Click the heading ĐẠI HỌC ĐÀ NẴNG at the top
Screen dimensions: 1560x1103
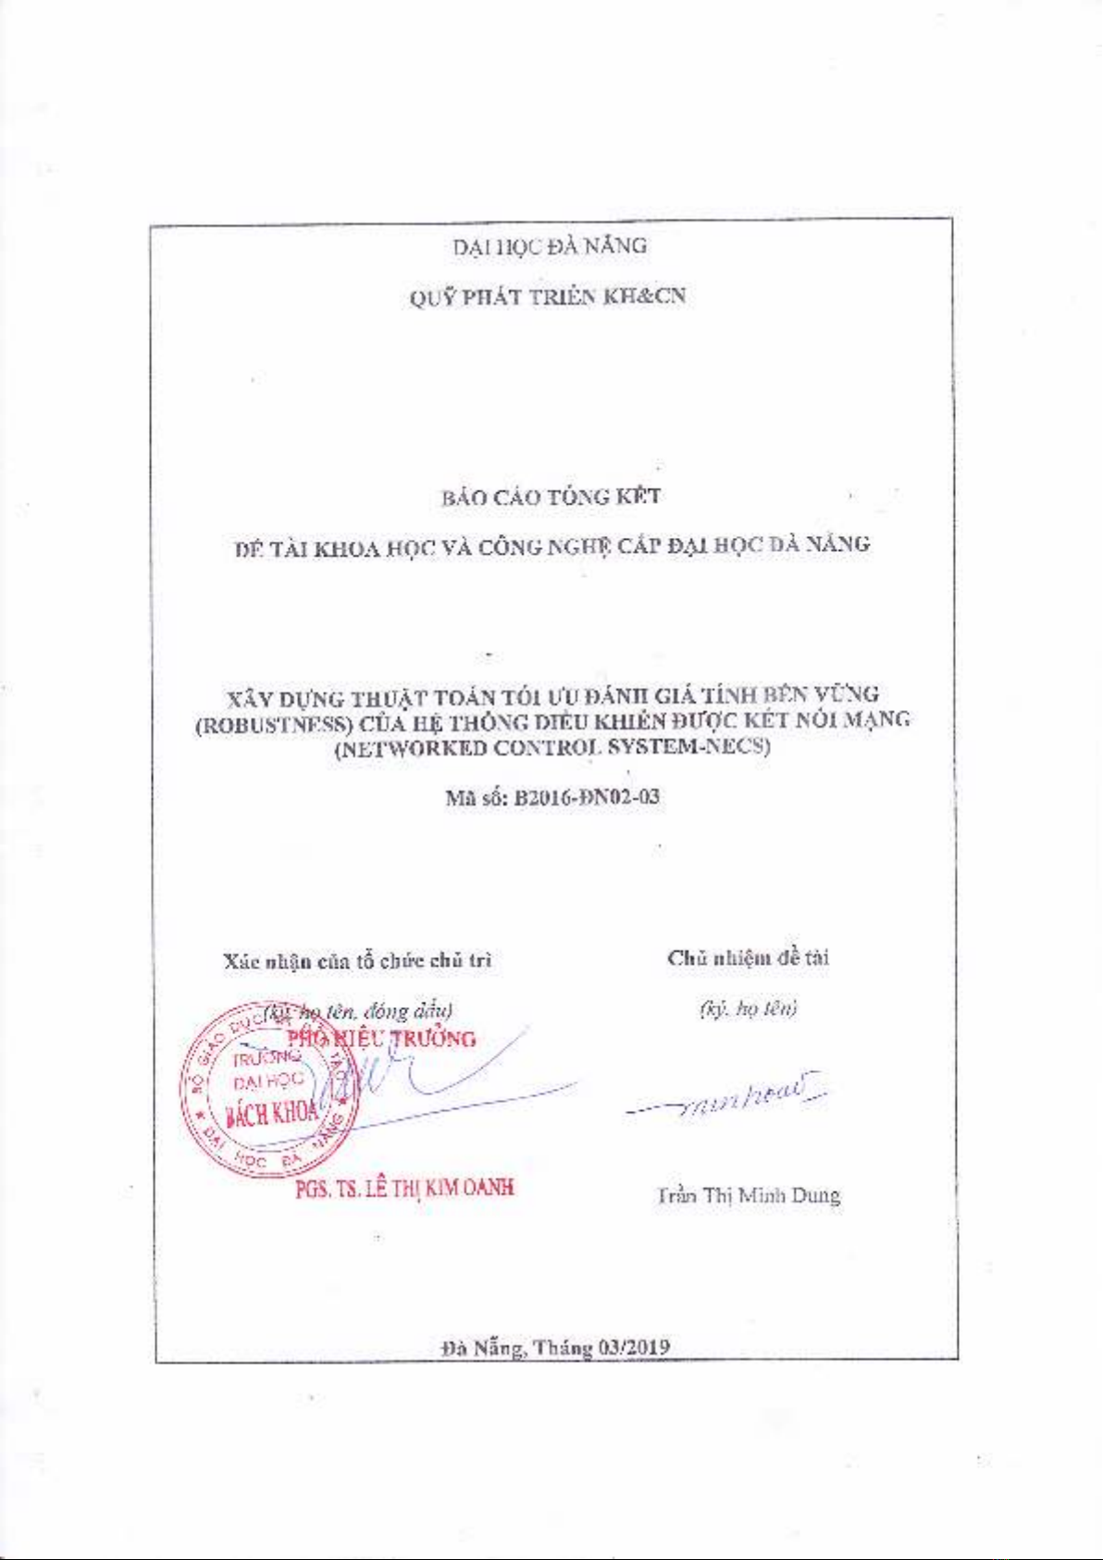(x=550, y=246)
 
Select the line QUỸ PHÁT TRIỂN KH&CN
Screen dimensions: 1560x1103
(x=548, y=297)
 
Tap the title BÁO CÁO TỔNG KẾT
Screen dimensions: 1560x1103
(x=551, y=497)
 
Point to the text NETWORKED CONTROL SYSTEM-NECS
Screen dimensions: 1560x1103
(x=552, y=748)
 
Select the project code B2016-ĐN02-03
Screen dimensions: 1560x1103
(x=587, y=797)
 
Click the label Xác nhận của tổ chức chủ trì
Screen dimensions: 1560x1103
(x=357, y=961)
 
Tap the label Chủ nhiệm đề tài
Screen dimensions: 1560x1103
(x=748, y=958)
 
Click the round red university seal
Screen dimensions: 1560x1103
(x=266, y=1090)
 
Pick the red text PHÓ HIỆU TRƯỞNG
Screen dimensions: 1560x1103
(x=382, y=1039)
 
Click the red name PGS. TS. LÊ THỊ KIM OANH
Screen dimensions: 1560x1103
(x=404, y=1188)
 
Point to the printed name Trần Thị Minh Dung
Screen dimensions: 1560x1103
(x=749, y=1195)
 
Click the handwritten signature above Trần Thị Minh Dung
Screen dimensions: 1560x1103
(x=731, y=1096)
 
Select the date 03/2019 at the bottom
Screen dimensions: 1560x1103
(x=635, y=1347)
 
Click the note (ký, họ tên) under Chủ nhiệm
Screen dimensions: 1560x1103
(x=748, y=1008)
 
